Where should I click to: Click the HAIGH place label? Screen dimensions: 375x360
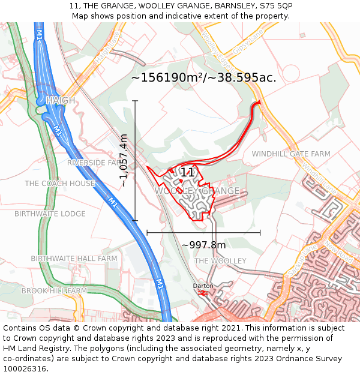(61, 100)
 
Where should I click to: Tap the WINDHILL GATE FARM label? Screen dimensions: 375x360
(291, 154)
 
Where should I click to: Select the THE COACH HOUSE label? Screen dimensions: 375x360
(60, 184)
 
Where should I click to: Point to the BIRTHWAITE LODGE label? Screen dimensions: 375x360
(50, 214)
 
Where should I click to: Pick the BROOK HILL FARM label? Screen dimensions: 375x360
(54, 291)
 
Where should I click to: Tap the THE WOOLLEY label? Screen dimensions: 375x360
(220, 261)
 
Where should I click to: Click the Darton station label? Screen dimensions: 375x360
(203, 286)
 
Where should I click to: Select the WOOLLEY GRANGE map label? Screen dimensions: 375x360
(197, 191)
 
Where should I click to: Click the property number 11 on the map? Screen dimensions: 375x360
(187, 173)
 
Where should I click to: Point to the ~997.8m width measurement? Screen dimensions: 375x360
(203, 245)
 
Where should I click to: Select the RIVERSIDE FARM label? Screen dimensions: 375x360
(95, 163)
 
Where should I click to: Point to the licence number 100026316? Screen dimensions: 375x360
(25, 369)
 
